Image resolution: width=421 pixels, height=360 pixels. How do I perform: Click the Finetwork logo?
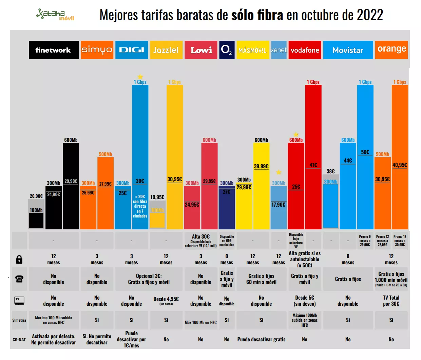click(x=54, y=50)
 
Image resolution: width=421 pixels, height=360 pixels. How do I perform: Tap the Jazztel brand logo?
click(x=166, y=50)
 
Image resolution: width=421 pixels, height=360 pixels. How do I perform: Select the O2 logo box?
click(x=227, y=50)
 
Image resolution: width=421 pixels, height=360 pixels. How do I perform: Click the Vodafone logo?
click(x=305, y=50)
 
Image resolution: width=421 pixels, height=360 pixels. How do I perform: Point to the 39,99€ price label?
click(x=261, y=166)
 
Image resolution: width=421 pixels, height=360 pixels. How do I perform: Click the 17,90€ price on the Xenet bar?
click(x=279, y=205)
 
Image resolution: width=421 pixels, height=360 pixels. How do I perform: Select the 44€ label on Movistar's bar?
click(x=348, y=160)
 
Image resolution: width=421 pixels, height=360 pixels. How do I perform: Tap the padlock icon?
click(x=19, y=260)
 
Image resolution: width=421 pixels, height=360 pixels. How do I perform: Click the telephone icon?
click(x=19, y=279)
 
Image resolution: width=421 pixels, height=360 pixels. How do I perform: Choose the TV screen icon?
click(x=19, y=301)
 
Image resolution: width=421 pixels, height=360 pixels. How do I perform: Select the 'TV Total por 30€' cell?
click(x=391, y=301)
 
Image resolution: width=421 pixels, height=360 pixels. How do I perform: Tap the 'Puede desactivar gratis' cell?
click(x=261, y=339)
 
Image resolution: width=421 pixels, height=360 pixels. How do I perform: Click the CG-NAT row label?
click(x=19, y=339)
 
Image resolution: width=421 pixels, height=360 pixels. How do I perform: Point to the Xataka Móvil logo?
click(x=55, y=15)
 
